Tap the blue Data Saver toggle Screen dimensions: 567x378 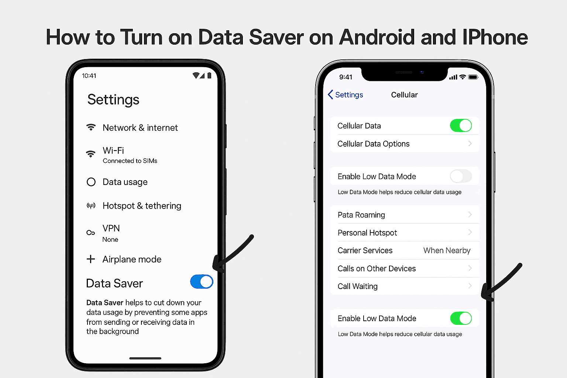click(202, 282)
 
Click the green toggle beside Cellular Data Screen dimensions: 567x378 click(461, 126)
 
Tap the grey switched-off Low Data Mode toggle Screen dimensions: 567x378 click(461, 176)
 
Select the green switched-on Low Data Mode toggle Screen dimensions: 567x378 click(461, 318)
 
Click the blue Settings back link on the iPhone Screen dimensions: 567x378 click(345, 95)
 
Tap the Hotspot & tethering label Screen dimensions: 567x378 click(142, 206)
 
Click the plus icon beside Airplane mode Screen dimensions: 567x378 click(90, 259)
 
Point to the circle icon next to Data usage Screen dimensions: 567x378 click(91, 182)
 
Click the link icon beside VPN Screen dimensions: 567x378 click(90, 233)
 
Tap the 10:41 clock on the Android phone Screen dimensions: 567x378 click(89, 76)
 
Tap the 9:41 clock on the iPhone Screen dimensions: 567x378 click(346, 77)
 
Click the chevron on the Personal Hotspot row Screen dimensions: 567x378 click(470, 232)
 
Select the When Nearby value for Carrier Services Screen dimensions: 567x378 click(447, 250)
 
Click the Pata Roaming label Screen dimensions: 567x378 click(361, 215)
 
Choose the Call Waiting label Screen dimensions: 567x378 click(357, 286)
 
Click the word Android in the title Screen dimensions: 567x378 click(377, 37)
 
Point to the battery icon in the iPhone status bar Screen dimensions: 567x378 click(473, 77)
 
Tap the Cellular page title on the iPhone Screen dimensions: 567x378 click(404, 95)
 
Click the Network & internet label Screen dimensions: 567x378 click(140, 128)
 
